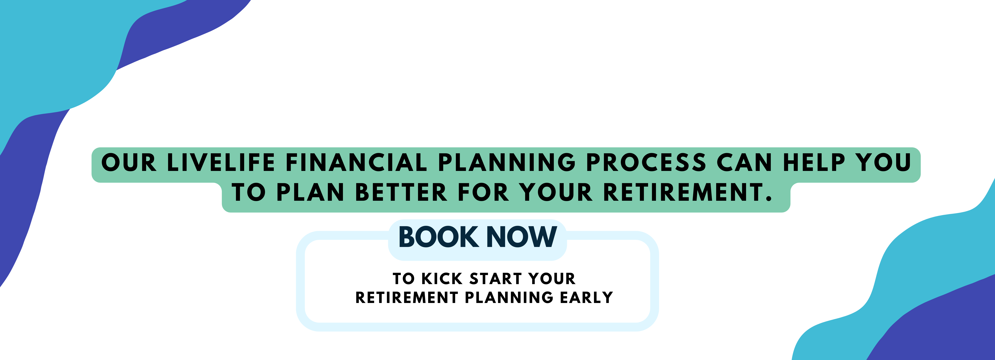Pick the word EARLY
pyautogui.click(x=586, y=297)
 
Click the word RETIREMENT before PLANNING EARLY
pyautogui.click(x=407, y=297)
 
